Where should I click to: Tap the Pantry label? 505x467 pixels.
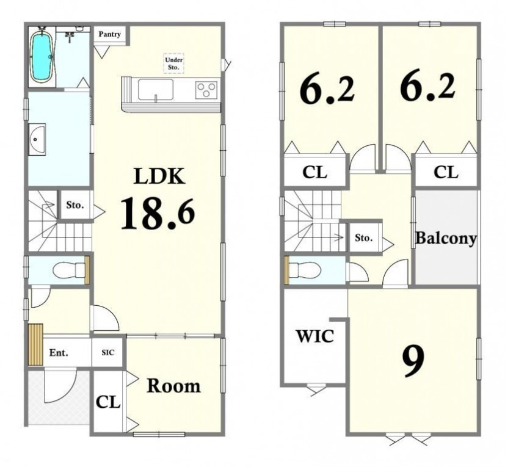pos(109,34)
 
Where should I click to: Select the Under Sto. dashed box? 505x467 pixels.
pos(173,63)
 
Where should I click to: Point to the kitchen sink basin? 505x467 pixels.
pos(156,90)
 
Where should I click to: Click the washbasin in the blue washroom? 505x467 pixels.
pos(37,139)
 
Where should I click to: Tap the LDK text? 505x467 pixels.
pos(160,176)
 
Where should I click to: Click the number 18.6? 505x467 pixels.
pos(158,214)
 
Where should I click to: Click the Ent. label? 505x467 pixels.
pos(59,353)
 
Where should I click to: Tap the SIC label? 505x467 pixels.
pos(108,353)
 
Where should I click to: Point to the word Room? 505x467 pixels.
pos(173,386)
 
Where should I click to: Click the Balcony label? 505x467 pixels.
pos(446,239)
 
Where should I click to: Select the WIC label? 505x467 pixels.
pos(315,336)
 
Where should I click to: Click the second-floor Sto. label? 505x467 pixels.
pos(364,238)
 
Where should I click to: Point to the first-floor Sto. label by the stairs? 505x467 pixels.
pos(75,205)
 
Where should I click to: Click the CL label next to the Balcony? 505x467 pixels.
pos(446,172)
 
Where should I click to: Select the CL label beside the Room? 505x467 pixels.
pos(108,402)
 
